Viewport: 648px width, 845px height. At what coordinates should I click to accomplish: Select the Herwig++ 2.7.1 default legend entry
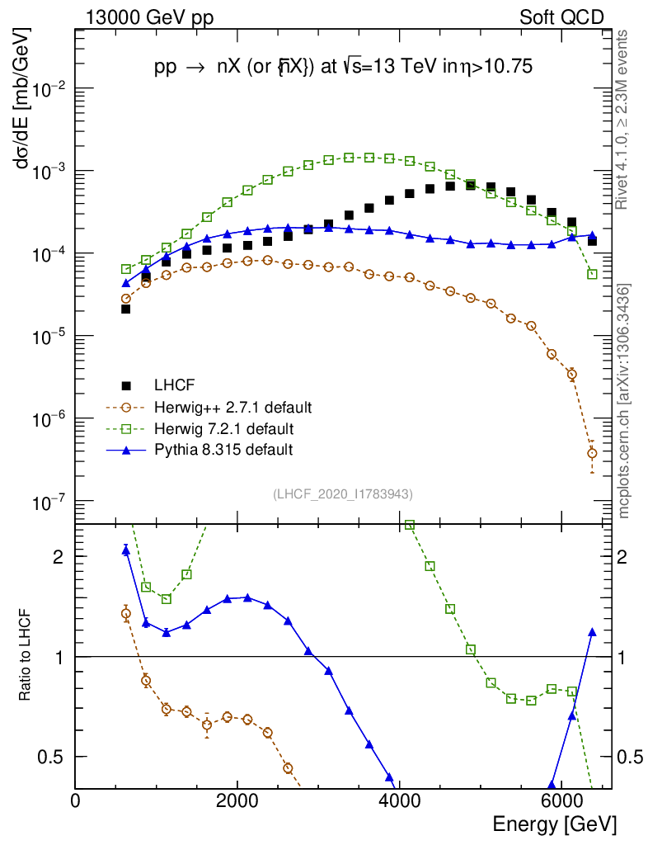click(x=232, y=407)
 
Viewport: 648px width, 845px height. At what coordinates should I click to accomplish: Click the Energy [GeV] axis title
click(x=554, y=824)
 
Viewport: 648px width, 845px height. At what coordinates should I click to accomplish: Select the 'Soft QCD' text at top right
click(x=561, y=17)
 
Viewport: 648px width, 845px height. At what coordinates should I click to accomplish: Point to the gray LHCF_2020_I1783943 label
click(x=343, y=493)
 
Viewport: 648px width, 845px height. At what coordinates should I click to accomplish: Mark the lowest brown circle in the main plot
click(x=592, y=453)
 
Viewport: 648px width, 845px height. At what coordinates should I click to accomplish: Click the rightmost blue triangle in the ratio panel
click(x=592, y=632)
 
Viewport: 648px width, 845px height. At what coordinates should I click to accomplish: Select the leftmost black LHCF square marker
click(x=126, y=309)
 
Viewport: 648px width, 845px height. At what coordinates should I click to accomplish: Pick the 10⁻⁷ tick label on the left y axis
click(x=52, y=502)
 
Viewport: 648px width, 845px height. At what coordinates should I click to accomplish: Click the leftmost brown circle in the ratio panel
click(x=126, y=613)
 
